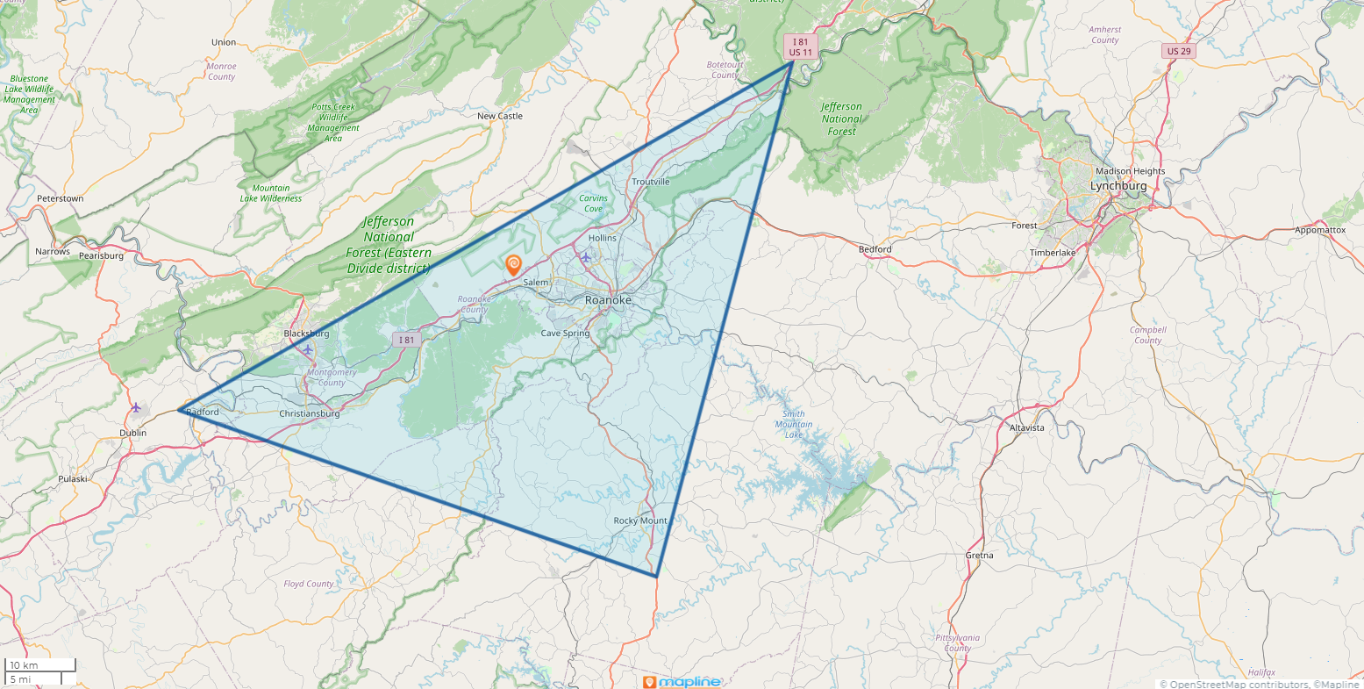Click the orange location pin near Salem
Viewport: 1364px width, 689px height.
[513, 264]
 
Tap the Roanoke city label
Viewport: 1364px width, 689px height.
[608, 300]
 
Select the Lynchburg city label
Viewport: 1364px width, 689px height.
[1118, 186]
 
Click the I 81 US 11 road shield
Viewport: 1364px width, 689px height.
[801, 47]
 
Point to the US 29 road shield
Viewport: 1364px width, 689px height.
[1180, 51]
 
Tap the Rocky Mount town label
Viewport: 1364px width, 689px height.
[640, 520]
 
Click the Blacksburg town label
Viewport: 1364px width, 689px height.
[306, 334]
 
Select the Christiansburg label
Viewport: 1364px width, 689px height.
[309, 413]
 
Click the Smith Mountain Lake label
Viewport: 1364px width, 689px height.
[793, 425]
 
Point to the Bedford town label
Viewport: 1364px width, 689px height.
[875, 249]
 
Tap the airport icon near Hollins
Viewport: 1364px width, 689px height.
[586, 257]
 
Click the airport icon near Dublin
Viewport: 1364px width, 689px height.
[136, 407]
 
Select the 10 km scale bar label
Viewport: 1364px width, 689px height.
[24, 665]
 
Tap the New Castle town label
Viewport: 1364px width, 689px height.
[499, 116]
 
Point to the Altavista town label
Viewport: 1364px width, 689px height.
[1027, 427]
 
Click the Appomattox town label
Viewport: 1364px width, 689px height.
[1319, 230]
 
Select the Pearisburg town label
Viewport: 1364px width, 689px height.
[101, 255]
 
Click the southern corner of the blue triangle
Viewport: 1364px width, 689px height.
[656, 577]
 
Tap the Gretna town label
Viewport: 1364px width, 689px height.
[979, 555]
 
